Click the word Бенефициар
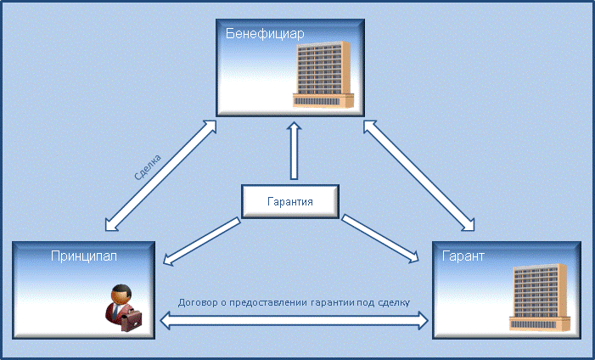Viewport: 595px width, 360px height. (265, 34)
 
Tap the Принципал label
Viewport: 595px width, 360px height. (84, 256)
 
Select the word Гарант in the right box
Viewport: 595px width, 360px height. (463, 256)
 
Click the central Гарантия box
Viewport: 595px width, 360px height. (290, 201)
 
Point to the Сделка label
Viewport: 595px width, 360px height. (148, 166)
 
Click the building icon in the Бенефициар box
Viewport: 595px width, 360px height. (323, 74)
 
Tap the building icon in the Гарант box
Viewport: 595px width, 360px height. (540, 297)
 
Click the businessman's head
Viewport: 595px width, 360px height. (121, 294)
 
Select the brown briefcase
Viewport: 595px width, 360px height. (132, 320)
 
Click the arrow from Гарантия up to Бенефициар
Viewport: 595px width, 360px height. (294, 150)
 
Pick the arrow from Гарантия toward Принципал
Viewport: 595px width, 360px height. (202, 241)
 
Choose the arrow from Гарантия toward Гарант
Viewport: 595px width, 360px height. (380, 239)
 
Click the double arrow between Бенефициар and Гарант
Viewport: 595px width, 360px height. (419, 176)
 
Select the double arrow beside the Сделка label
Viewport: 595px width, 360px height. (160, 176)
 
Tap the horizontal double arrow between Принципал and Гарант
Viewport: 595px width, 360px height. (294, 321)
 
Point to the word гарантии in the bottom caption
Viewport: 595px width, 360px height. (333, 303)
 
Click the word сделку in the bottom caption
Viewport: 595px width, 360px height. (395, 303)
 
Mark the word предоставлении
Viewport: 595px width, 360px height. (267, 303)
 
